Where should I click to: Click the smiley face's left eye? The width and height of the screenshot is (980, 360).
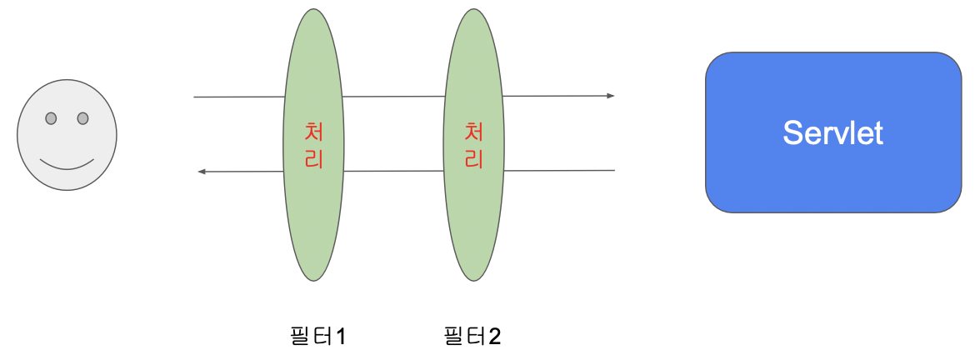click(x=51, y=118)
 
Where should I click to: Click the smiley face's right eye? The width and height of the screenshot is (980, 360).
click(x=82, y=118)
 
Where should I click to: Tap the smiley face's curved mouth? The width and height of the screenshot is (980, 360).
click(x=67, y=164)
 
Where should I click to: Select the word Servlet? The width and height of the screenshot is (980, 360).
click(x=832, y=133)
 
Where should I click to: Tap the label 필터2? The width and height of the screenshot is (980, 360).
click(x=472, y=337)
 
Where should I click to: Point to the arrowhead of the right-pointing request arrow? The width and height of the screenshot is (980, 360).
click(x=611, y=96)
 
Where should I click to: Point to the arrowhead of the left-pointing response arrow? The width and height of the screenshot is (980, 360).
click(x=201, y=172)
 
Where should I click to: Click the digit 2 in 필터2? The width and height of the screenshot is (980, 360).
click(x=495, y=337)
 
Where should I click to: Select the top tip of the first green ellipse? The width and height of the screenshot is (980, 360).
click(x=314, y=10)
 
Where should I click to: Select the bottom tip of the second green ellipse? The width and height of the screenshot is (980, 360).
click(x=473, y=280)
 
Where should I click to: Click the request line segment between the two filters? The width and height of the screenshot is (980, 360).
click(x=393, y=97)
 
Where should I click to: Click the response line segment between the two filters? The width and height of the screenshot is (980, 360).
click(x=393, y=171)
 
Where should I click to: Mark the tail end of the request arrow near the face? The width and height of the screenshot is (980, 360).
click(x=195, y=97)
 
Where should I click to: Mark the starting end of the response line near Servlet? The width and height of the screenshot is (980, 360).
click(x=613, y=170)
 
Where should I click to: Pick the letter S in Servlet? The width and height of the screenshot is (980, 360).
click(x=792, y=133)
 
